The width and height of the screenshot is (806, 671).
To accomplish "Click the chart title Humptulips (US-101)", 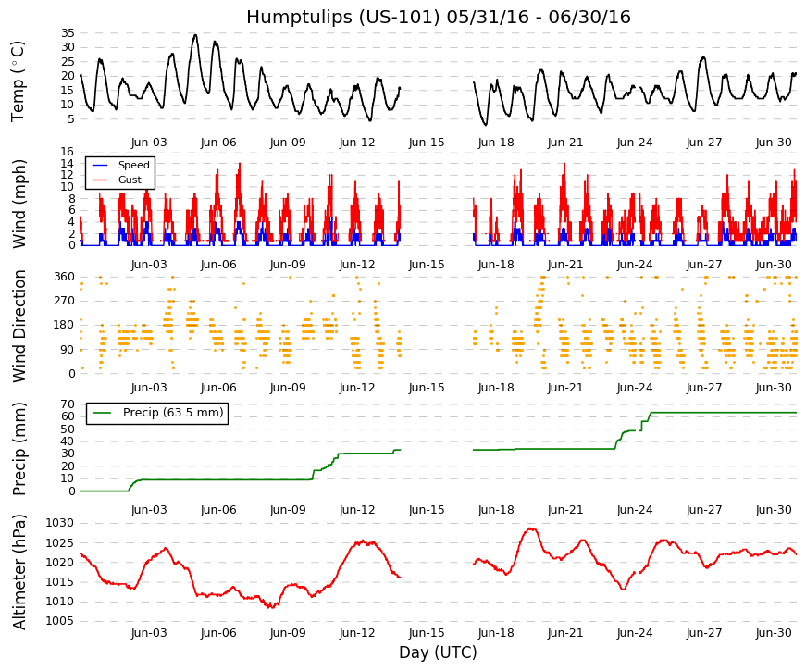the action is point(343,17).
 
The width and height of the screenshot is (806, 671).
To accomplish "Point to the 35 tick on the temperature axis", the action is point(68,33).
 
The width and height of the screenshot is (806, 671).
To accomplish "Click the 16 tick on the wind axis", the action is point(68,152).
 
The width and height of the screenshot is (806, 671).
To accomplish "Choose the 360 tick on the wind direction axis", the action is point(65,277).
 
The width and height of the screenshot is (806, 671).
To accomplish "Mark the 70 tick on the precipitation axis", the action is point(68,404).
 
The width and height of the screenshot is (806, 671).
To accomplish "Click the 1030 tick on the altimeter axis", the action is point(60,524).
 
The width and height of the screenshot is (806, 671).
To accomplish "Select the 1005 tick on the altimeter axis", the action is point(60,621).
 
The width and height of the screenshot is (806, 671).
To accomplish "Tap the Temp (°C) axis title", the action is point(18,81).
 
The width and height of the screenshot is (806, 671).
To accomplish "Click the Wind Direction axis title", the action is point(19,326).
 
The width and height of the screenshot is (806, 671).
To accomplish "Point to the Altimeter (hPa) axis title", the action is point(19,572).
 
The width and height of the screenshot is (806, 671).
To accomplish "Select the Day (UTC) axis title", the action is point(438,652).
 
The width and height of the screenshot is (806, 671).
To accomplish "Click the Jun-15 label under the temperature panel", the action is point(427,143).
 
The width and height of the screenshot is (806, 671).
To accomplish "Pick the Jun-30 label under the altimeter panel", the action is point(774,633).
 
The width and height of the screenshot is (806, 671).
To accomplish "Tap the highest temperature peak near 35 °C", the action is point(195,35).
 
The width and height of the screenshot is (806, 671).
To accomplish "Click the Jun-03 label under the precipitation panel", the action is point(149,510).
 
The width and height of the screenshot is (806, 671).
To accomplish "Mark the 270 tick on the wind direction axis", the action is point(65,301).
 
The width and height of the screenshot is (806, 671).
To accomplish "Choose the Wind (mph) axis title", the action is point(19,204).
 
